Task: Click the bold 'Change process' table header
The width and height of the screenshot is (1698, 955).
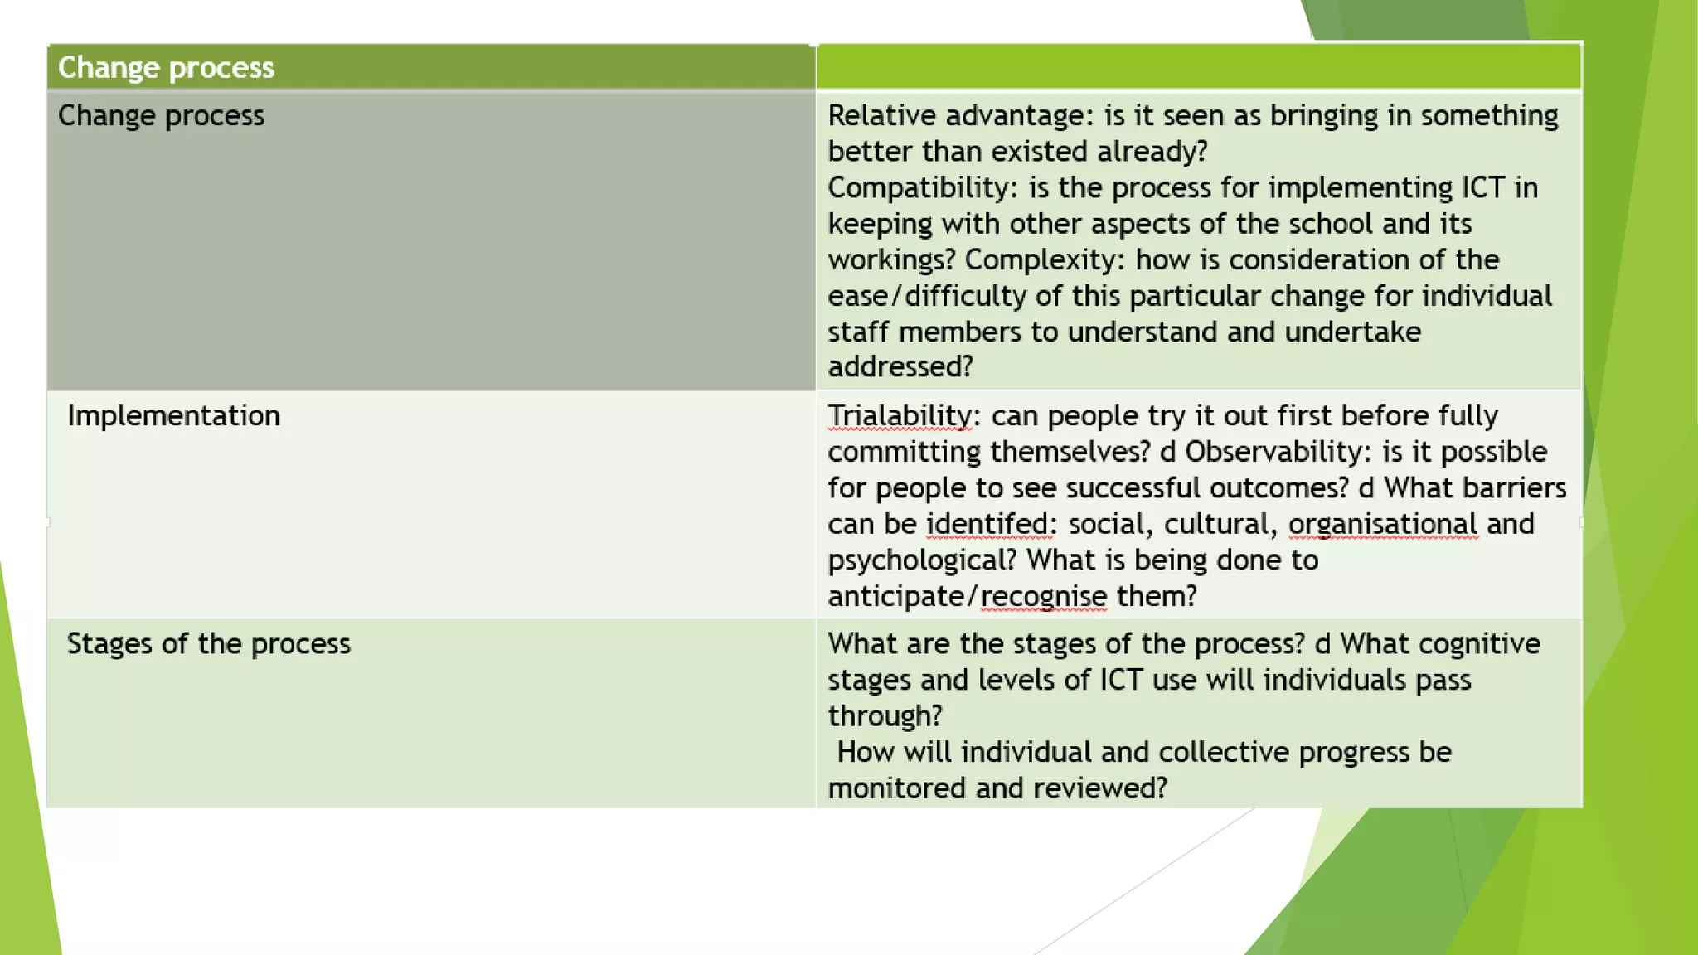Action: pos(166,67)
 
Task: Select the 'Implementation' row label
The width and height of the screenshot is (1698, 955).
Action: pos(173,415)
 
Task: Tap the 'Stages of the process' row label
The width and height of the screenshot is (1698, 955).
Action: pos(208,644)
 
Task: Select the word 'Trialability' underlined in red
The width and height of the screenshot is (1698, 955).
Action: pos(900,415)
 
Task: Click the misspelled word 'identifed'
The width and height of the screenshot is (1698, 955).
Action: pos(987,524)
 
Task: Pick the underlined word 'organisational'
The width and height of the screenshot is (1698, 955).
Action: pos(1382,524)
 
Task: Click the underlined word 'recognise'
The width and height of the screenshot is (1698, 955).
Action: pos(1043,596)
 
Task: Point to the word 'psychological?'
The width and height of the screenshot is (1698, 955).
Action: pos(921,560)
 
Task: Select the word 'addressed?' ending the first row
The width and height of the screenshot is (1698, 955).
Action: pos(900,366)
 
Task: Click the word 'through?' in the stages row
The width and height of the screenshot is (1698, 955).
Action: pos(885,716)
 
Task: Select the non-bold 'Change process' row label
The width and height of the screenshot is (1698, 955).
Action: pos(161,115)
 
